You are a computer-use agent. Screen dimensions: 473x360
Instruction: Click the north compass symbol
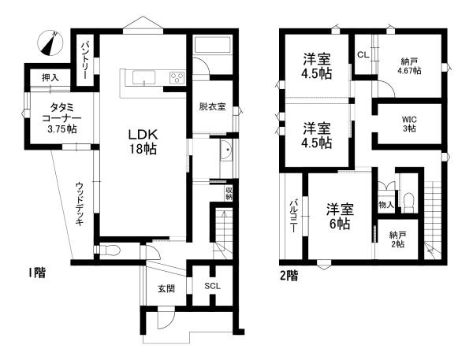coord(50,43)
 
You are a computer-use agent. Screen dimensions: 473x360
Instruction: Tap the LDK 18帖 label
coord(143,142)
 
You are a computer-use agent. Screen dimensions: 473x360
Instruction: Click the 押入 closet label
coord(50,78)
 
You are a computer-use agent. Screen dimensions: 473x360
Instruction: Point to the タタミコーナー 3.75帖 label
coord(61,118)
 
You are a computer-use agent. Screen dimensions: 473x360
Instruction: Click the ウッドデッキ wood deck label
coord(80,204)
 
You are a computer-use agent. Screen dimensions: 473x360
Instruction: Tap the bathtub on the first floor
coord(212,45)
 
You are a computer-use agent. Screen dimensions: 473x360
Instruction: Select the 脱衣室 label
coord(212,106)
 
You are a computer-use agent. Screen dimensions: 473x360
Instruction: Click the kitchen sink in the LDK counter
coord(144,77)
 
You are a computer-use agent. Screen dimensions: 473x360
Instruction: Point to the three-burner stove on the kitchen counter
coord(177,77)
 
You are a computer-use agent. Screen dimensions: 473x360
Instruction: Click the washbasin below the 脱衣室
coord(226,150)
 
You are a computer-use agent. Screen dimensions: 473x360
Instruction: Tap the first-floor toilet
coord(110,250)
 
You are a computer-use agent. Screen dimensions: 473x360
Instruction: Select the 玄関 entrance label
coord(166,288)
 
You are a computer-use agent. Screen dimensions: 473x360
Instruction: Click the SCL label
coord(212,286)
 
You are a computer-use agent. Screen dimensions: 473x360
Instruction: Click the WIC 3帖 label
coord(409,124)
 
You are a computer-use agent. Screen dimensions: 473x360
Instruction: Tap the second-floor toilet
coord(409,201)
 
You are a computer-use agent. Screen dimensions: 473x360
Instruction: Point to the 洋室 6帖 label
coord(340,217)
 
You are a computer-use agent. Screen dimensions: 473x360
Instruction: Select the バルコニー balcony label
coord(292,216)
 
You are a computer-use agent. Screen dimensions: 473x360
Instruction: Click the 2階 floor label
coord(289,275)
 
